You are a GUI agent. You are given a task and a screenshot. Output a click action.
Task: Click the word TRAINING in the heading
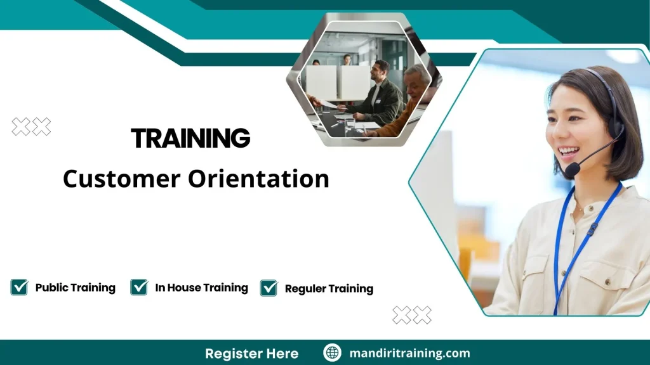[x=190, y=138]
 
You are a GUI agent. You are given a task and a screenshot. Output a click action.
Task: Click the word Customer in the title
[x=121, y=179]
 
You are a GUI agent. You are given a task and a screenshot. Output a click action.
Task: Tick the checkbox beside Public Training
[x=20, y=287]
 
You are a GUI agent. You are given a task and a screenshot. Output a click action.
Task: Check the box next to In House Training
[x=139, y=287]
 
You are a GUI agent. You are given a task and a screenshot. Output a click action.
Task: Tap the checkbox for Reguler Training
[x=269, y=288]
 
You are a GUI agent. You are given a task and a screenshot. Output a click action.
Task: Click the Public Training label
[x=75, y=288]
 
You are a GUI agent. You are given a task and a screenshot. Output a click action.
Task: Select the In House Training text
[x=201, y=288]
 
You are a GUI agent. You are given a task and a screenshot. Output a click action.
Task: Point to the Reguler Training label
[x=329, y=289]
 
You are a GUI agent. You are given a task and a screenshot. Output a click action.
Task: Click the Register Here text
[x=251, y=354]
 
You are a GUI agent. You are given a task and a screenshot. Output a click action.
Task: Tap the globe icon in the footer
[x=332, y=353]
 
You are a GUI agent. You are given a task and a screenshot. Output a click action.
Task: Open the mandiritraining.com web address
[x=409, y=354]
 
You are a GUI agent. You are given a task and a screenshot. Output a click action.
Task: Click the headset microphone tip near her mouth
[x=572, y=170]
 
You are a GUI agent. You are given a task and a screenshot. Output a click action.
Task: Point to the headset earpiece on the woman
[x=614, y=131]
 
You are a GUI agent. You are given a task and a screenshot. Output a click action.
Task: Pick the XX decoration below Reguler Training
[x=412, y=315]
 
